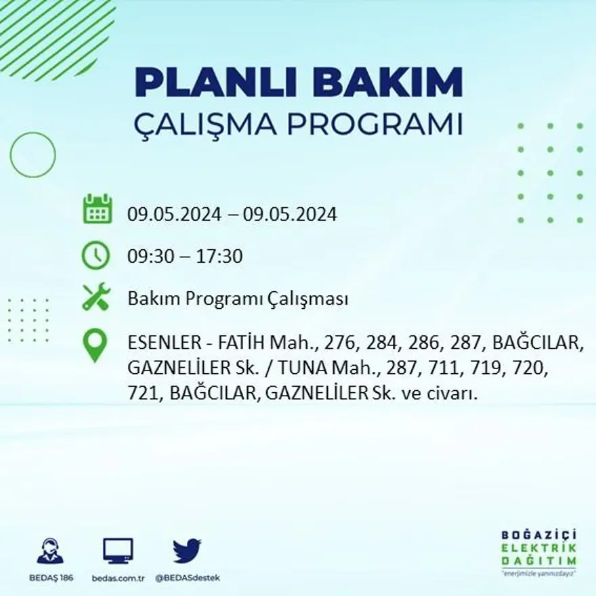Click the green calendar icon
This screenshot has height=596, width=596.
pyautogui.click(x=97, y=209)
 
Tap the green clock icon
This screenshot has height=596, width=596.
pyautogui.click(x=95, y=255)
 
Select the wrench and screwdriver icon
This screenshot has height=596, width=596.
pyautogui.click(x=95, y=297)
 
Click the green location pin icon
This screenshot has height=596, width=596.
pyautogui.click(x=95, y=345)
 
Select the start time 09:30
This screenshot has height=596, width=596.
pyautogui.click(x=148, y=257)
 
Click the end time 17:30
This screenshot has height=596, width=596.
pyautogui.click(x=220, y=257)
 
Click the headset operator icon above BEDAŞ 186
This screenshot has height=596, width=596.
pyautogui.click(x=49, y=551)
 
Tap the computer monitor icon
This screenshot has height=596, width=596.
pyautogui.click(x=118, y=551)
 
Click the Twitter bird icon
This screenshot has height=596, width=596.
pyautogui.click(x=187, y=551)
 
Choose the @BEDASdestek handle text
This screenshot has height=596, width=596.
pyautogui.click(x=188, y=578)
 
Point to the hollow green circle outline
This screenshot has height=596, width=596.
pyautogui.click(x=33, y=154)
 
